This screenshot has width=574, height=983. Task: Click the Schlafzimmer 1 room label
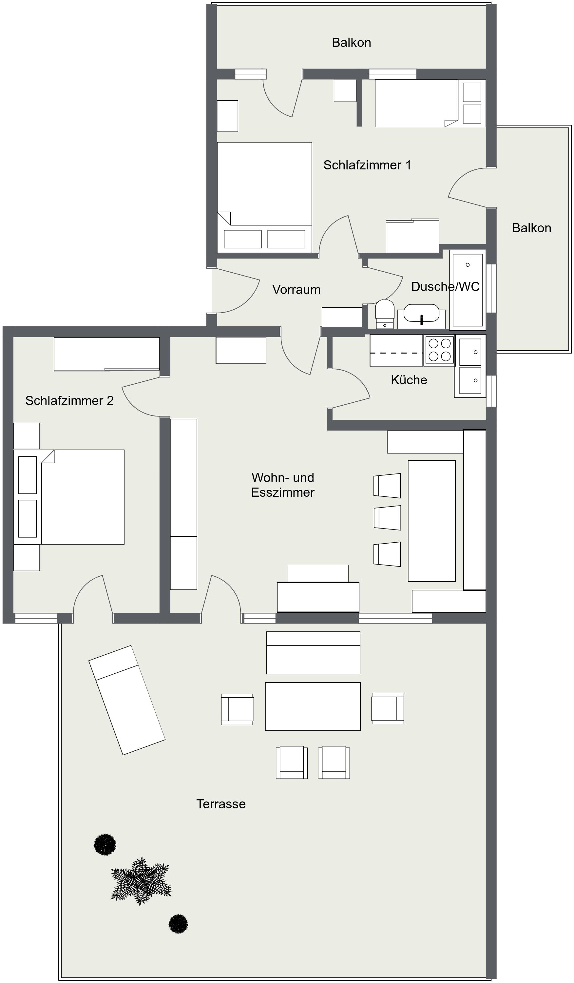(367, 165)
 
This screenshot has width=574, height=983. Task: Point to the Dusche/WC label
(445, 286)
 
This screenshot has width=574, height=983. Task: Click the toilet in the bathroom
(385, 314)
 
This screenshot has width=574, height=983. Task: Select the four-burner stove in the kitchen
(439, 350)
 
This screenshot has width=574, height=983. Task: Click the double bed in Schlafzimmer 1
(264, 197)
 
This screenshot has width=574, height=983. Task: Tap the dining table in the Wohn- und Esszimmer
(432, 521)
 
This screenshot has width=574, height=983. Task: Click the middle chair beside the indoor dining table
(387, 518)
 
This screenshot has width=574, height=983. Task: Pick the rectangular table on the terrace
(313, 706)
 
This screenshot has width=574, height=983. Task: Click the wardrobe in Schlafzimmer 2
(106, 354)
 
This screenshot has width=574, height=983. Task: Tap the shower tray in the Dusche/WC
(468, 290)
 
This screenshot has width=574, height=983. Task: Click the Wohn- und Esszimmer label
(283, 485)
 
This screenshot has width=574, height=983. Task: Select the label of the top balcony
(351, 42)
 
